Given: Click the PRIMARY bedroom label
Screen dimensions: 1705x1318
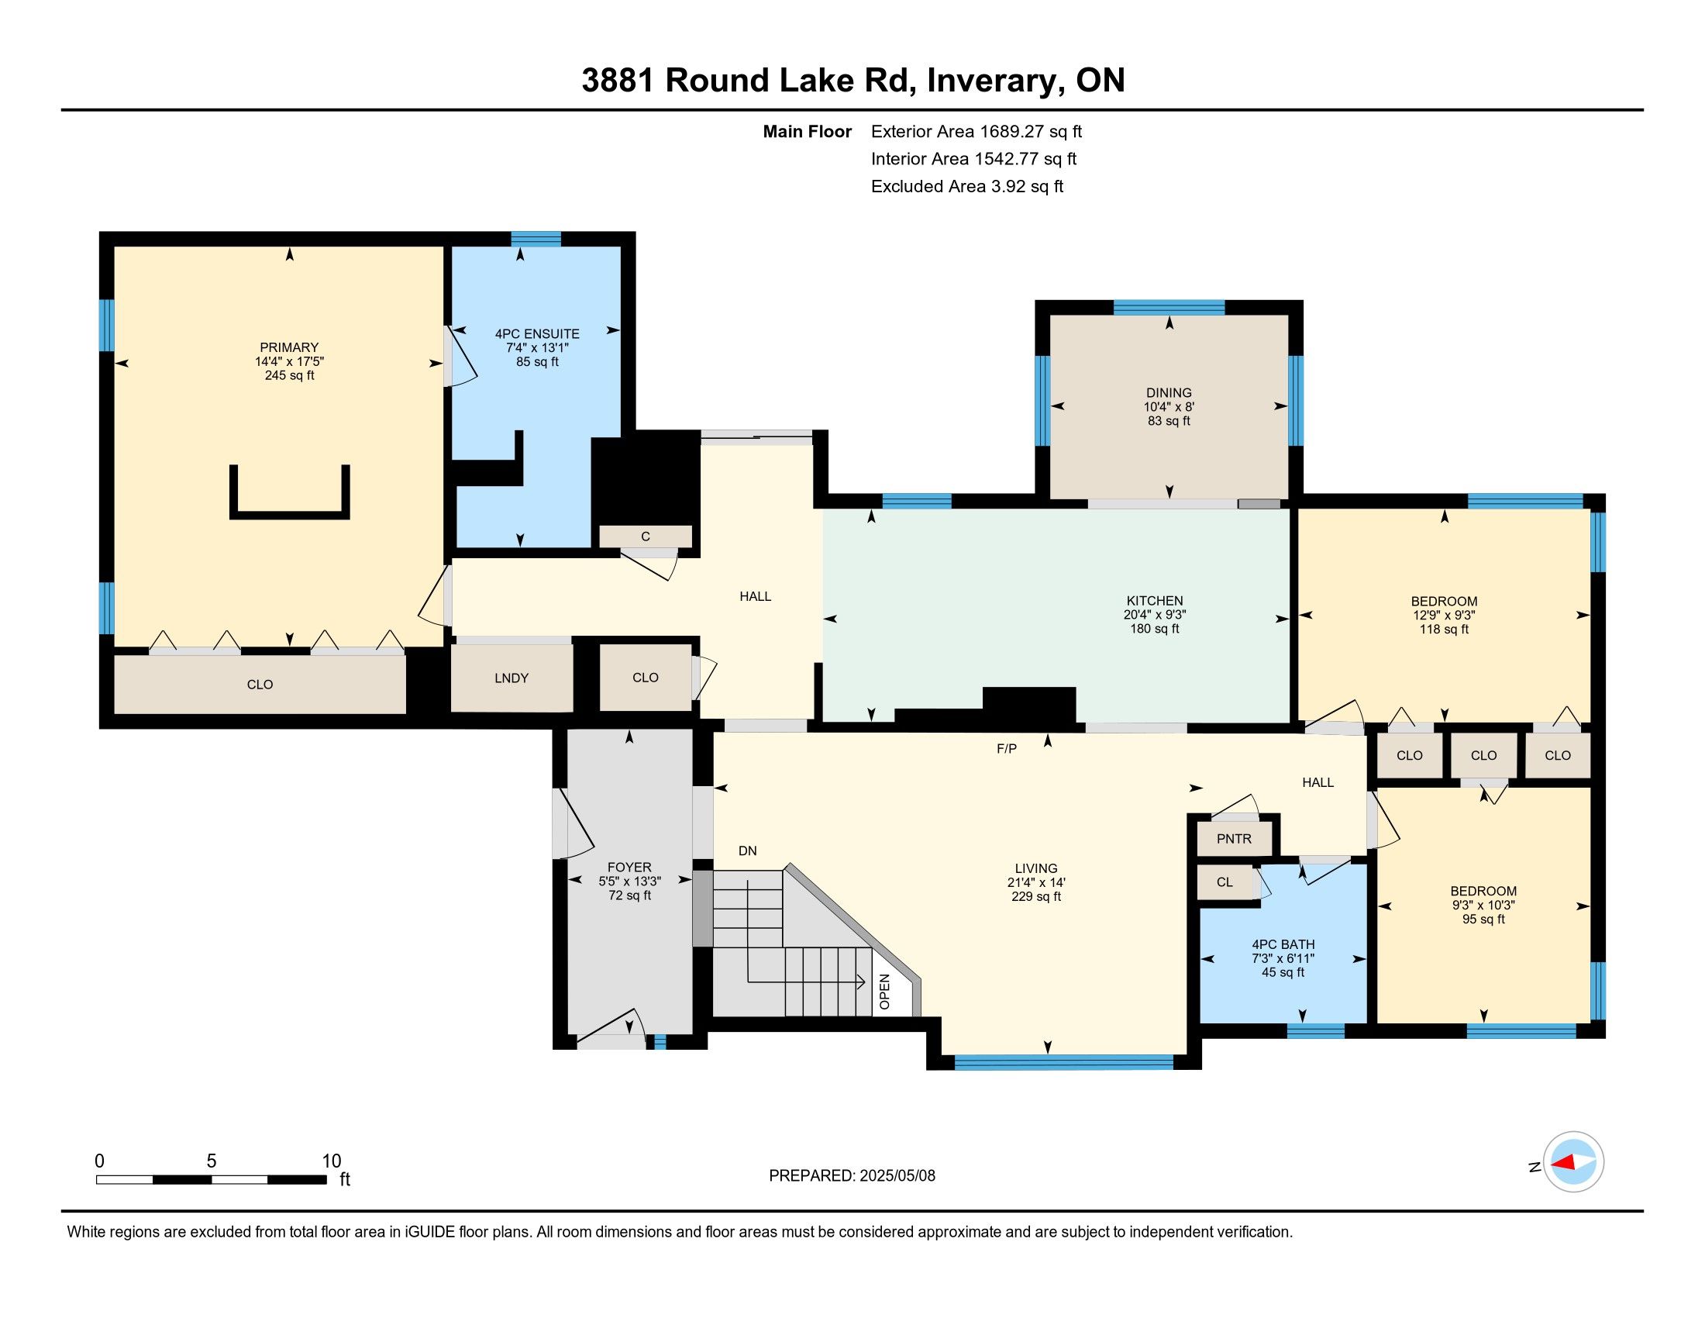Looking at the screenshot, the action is coord(289,347).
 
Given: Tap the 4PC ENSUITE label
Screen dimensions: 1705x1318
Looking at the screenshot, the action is coord(537,334).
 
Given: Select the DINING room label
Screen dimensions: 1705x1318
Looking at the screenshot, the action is coord(1169,393).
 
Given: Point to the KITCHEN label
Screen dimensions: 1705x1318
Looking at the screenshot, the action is coord(1155,600).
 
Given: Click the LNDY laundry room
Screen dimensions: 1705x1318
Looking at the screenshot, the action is coord(512,678).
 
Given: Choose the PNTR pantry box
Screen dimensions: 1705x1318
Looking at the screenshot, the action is coord(1235,839).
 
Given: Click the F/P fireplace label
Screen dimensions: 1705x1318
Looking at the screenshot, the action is coord(1007,749).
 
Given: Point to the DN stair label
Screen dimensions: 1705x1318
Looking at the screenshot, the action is coord(748,851).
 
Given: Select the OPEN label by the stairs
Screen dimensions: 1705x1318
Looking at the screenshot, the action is coord(884,992).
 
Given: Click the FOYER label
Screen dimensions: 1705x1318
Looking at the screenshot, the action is coord(629,868).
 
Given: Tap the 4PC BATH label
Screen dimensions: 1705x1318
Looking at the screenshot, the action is coord(1283,945).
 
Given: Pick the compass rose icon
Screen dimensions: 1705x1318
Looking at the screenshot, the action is coord(1573,1162).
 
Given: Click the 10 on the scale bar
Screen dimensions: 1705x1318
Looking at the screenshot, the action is coord(331,1161).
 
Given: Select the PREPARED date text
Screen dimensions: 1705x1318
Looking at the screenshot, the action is coord(852,1176).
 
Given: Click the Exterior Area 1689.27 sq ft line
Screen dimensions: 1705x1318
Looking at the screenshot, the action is coord(976,132).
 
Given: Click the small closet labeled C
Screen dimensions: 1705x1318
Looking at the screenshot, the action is coord(646,537).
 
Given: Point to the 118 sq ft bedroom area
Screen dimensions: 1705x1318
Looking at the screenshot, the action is coord(1445,630).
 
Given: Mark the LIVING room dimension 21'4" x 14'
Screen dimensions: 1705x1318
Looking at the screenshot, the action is coord(1036,882).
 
